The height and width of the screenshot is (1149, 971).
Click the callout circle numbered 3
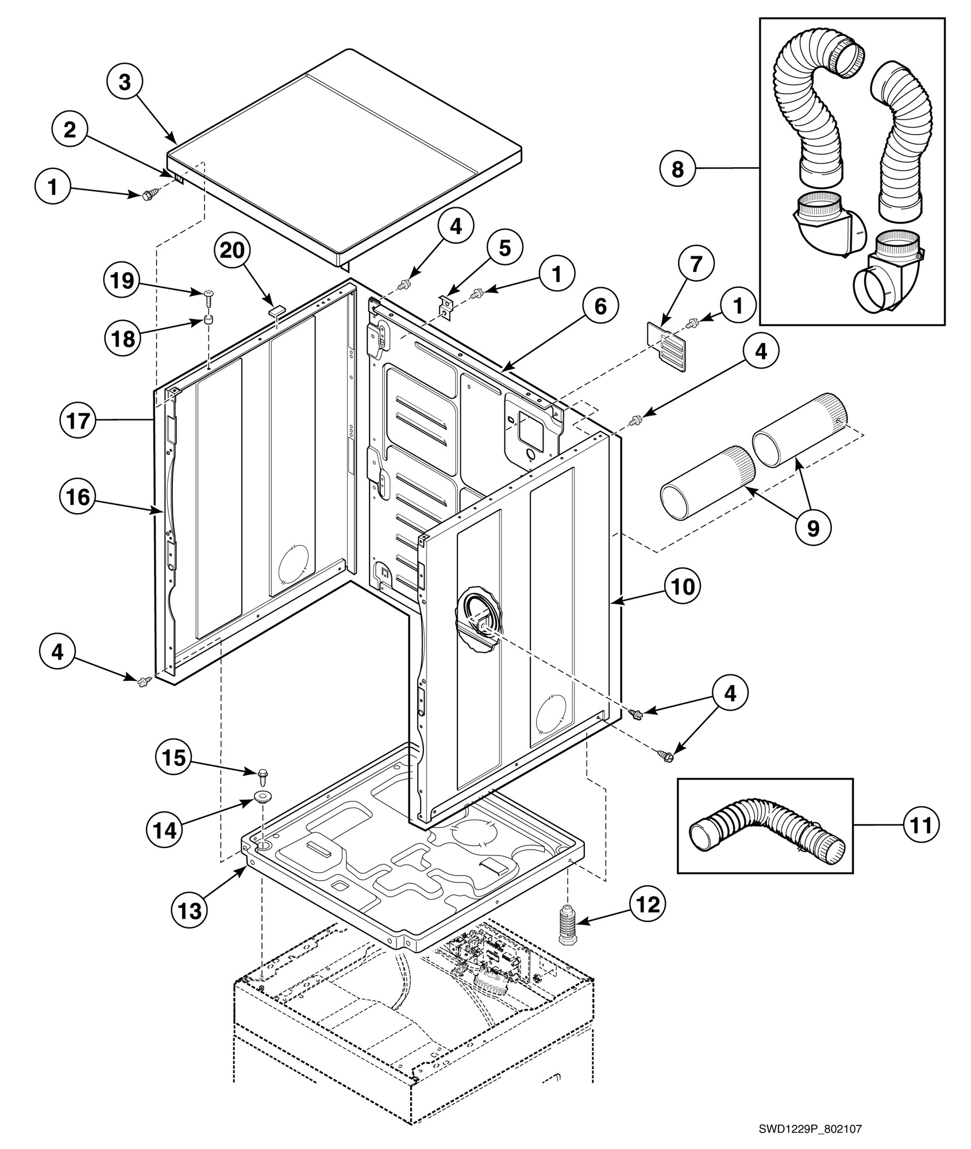coord(125,83)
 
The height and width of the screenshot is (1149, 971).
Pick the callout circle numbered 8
coord(678,169)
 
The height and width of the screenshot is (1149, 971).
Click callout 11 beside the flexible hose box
coord(921,824)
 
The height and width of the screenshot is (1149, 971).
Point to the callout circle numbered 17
coord(78,421)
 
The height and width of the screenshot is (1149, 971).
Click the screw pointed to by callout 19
coord(208,295)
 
